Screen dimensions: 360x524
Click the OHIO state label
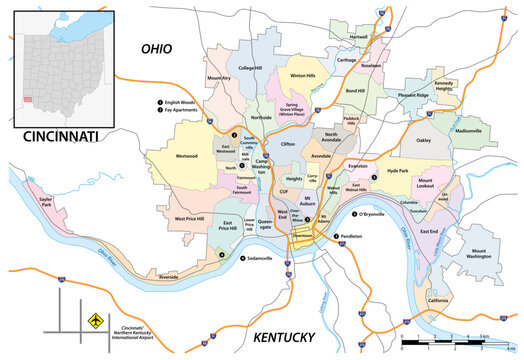click(158, 48)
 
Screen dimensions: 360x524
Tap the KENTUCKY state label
click(286, 337)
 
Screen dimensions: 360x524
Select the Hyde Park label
click(397, 172)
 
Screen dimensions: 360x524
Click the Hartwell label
click(359, 37)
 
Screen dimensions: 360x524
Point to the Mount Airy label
click(220, 78)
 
